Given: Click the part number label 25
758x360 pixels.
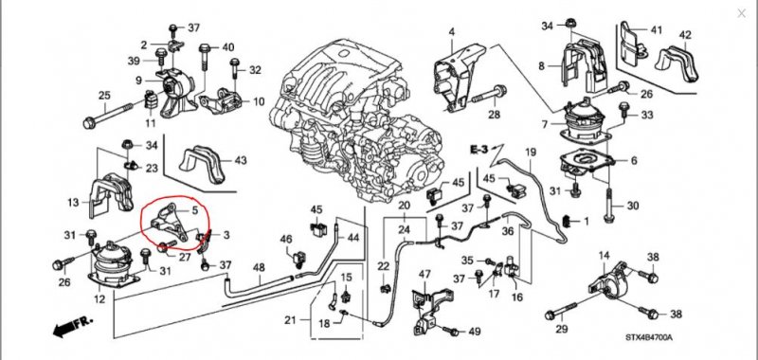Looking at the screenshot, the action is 105,96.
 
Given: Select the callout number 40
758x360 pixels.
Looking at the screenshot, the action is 228,47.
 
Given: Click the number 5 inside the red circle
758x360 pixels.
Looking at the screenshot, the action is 195,210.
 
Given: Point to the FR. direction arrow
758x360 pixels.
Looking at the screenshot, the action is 73,327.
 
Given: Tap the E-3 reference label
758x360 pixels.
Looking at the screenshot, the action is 480,150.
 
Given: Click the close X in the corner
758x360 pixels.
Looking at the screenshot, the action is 741,13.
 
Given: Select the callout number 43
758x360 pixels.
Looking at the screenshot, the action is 241,160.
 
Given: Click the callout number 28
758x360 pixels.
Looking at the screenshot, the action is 494,115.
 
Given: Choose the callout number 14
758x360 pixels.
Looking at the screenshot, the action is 605,256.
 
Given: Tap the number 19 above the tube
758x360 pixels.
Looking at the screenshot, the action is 531,153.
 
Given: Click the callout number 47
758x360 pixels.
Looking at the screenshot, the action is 424,275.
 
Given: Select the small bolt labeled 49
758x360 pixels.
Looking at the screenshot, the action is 451,332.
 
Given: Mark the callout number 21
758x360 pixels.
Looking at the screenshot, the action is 290,320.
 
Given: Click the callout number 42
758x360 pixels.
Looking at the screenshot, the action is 685,35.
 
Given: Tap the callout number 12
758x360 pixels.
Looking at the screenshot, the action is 99,299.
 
